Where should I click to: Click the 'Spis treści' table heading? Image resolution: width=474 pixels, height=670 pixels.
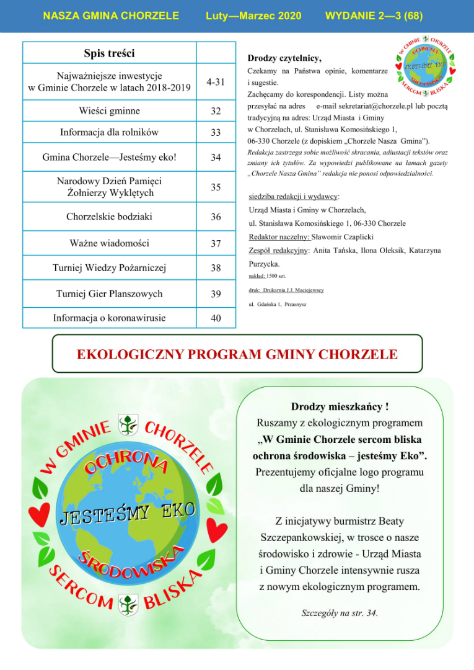click(x=110, y=53)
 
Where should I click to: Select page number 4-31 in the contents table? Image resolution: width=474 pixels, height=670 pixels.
click(x=216, y=82)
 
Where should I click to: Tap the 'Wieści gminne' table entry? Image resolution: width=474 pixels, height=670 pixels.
click(x=110, y=111)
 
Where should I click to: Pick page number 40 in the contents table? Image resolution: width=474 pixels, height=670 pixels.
click(x=216, y=319)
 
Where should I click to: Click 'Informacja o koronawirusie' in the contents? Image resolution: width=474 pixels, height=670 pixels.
click(x=110, y=318)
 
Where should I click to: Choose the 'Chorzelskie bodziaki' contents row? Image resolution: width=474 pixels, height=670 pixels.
click(x=110, y=217)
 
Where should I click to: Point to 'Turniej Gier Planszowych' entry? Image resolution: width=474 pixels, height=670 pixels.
click(x=110, y=293)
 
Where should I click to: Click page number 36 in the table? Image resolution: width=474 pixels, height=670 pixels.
click(x=216, y=217)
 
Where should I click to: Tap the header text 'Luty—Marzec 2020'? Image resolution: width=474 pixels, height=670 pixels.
click(x=253, y=15)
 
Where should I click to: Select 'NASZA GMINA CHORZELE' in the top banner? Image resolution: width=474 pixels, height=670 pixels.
click(x=112, y=15)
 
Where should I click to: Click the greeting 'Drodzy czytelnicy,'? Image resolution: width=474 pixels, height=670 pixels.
click(x=284, y=59)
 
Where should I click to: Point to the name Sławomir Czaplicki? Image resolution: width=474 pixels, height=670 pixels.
click(x=343, y=237)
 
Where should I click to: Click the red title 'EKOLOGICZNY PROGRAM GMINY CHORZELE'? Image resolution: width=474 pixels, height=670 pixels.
click(x=237, y=355)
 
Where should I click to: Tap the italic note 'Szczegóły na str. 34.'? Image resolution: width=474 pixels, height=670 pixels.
click(x=340, y=613)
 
